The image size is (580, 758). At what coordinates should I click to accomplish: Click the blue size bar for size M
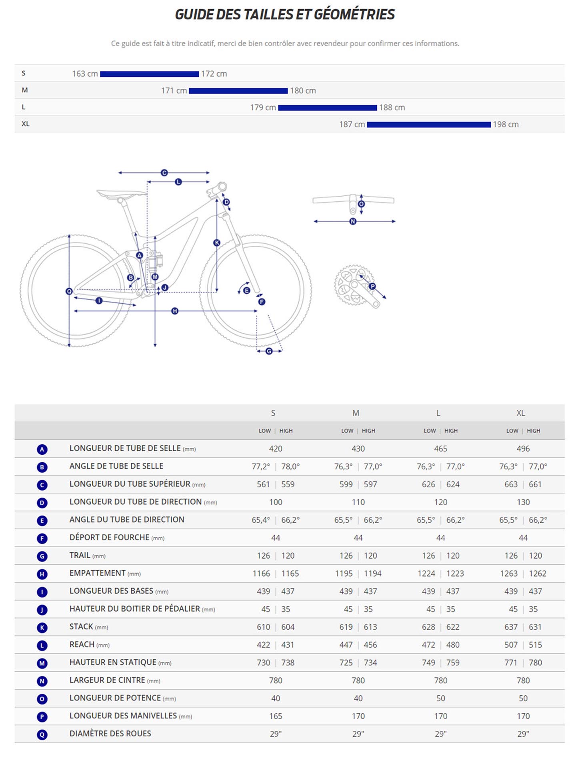[x=238, y=91]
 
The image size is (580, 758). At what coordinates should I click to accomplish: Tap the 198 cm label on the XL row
[x=506, y=124]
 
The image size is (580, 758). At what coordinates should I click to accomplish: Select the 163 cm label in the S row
[x=85, y=74]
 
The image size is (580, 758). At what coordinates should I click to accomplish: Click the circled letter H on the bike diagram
[x=175, y=311]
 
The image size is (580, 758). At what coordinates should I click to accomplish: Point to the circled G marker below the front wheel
[x=269, y=351]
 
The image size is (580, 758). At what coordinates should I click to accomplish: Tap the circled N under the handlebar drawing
[x=353, y=221]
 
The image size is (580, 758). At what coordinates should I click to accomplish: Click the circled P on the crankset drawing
[x=372, y=286]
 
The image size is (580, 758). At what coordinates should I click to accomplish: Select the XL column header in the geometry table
[x=520, y=413]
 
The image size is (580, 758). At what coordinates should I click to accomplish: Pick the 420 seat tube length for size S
[x=276, y=449]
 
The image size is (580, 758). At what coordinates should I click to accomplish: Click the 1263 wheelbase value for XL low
[x=509, y=573]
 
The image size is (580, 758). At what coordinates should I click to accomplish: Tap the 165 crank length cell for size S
[x=276, y=716]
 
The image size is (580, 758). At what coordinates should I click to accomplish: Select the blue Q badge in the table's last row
[x=42, y=734]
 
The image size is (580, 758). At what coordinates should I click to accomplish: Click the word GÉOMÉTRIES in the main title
[x=354, y=14]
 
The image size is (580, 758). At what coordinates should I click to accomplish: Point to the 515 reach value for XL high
[x=535, y=645]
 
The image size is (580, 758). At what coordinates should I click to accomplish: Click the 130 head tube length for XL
[x=523, y=502]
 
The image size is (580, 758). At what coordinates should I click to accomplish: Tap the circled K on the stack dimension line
[x=217, y=243]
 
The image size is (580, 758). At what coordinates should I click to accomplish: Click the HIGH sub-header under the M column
[x=368, y=431]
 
